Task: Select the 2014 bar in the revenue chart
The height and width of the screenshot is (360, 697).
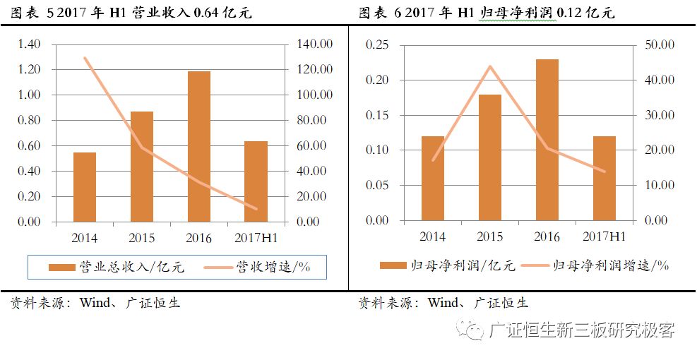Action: pyautogui.click(x=85, y=186)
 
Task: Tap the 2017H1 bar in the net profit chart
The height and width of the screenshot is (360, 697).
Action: pyautogui.click(x=604, y=178)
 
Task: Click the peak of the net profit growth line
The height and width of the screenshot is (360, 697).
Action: pyautogui.click(x=490, y=66)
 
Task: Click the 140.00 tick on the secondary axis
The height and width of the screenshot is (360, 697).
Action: pyautogui.click(x=314, y=44)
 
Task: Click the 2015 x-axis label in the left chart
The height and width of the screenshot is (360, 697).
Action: pyautogui.click(x=142, y=238)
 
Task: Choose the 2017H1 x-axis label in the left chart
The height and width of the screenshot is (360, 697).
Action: pyautogui.click(x=256, y=238)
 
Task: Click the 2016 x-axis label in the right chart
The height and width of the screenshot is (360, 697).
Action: pyautogui.click(x=547, y=236)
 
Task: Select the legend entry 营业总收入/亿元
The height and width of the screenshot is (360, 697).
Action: pyautogui.click(x=116, y=267)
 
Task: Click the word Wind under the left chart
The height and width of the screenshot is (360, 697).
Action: pyautogui.click(x=95, y=304)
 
